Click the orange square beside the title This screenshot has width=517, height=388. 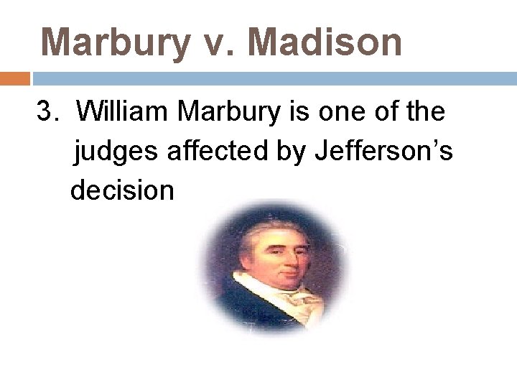(x=14, y=78)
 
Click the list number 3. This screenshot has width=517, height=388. (x=46, y=112)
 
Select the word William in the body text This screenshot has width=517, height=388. (x=122, y=112)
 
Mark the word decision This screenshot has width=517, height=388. (x=122, y=190)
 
